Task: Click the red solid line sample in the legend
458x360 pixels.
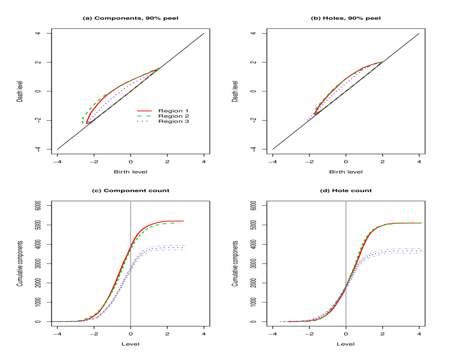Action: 144,111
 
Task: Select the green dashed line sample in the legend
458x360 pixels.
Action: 144,116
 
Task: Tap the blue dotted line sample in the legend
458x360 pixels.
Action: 143,122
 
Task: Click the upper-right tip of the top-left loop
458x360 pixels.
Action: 158,68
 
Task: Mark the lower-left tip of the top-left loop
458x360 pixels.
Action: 86,123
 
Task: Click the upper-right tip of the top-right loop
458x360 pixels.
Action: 380,62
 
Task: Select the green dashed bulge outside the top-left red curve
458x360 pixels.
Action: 84,117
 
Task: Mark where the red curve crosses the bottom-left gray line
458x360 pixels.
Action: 130,246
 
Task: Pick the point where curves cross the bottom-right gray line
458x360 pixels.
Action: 346,287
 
